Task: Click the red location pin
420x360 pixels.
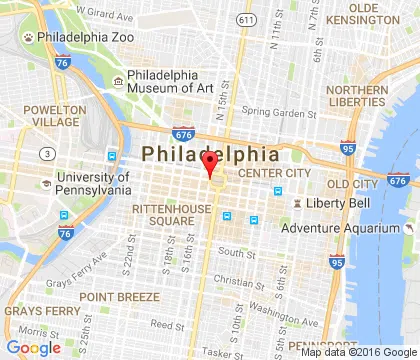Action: [210, 163]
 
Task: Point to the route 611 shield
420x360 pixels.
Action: [245, 19]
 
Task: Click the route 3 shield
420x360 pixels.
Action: [46, 153]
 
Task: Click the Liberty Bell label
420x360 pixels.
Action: [330, 205]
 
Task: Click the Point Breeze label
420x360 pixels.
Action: [120, 297]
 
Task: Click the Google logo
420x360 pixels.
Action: [33, 347]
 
